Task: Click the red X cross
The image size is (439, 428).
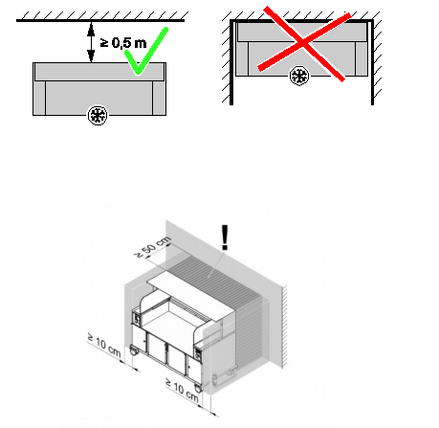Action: [x=303, y=43]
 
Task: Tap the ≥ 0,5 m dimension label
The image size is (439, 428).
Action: [x=123, y=43]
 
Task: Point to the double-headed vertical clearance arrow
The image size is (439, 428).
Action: [x=91, y=42]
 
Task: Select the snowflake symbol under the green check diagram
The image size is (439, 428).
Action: [x=98, y=115]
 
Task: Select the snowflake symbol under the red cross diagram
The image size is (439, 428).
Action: [x=299, y=76]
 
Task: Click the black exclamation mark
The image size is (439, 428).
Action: [x=225, y=237]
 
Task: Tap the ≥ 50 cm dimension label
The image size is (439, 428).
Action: [x=152, y=247]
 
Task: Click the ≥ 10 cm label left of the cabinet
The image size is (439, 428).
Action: [x=104, y=346]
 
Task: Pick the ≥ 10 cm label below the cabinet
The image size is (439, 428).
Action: [x=183, y=390]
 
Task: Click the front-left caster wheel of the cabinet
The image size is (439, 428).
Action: [x=134, y=351]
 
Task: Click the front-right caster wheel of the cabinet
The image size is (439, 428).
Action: [x=198, y=388]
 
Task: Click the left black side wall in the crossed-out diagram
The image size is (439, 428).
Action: [x=231, y=62]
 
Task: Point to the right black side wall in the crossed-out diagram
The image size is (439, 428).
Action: [x=372, y=62]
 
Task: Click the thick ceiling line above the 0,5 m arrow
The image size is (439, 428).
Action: [x=100, y=21]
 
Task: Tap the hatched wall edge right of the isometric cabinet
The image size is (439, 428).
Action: [x=284, y=327]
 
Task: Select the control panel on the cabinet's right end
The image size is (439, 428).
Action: [x=199, y=354]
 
